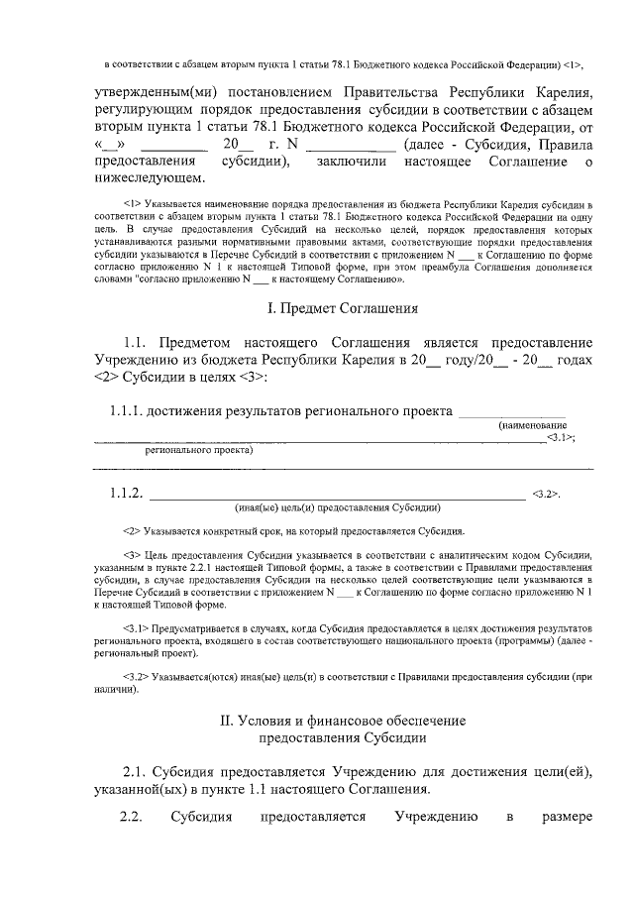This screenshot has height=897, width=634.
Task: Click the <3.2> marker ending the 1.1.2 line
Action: (547, 494)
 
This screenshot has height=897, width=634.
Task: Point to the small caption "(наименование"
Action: (532, 425)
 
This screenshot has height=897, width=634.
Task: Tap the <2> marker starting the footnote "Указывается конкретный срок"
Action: (132, 531)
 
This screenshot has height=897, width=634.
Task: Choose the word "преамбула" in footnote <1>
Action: (475, 267)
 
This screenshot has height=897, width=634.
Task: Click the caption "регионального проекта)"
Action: (199, 449)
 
